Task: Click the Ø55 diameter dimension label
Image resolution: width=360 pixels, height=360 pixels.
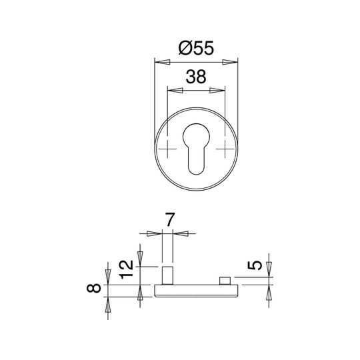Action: pos(196,48)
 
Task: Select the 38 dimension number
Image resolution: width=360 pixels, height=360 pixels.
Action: pos(196,77)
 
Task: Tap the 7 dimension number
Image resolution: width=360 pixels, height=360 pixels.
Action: pos(169,219)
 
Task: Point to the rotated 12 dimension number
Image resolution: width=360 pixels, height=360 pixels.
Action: pos(127,269)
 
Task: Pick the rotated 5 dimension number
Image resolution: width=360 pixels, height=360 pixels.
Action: pos(255,265)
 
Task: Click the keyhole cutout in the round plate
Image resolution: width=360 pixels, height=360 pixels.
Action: pos(196,149)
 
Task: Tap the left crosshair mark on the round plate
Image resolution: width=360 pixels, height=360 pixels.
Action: pos(167,149)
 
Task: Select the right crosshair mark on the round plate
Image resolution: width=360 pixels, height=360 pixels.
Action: pos(225,149)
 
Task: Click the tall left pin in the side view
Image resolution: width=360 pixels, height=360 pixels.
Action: pos(167,275)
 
